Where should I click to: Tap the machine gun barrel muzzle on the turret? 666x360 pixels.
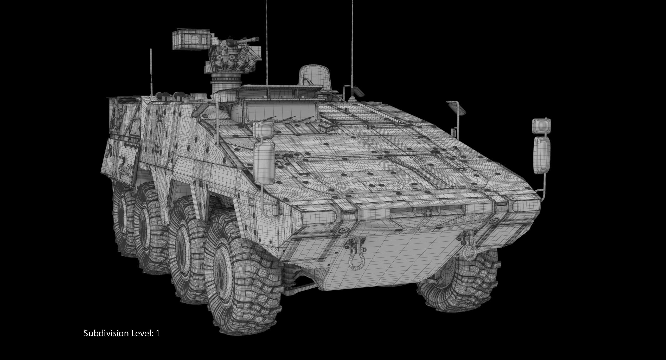click(258, 39)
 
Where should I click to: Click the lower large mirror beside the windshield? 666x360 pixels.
click(264, 163)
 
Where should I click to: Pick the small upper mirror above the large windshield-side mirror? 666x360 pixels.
click(263, 130)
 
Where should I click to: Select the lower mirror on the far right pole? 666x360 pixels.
click(542, 155)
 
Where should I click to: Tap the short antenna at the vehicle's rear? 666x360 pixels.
click(151, 73)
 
